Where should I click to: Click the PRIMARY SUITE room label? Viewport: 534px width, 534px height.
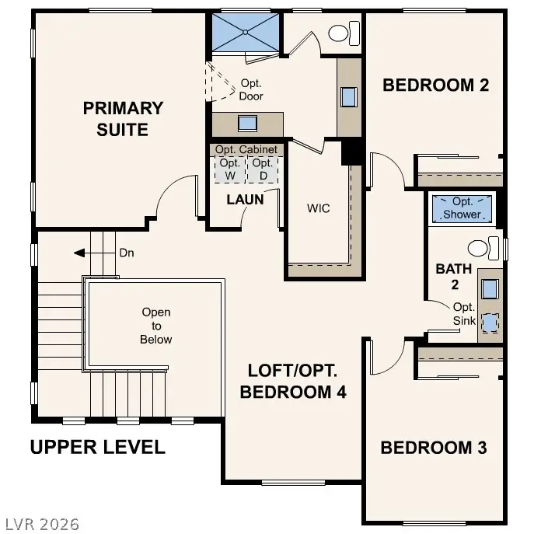123,119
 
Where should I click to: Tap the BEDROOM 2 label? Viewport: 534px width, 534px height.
435,86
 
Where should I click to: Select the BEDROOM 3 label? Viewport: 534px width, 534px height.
434,448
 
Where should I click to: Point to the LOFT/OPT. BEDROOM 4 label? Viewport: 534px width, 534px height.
292,381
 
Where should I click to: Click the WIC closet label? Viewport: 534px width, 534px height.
319,208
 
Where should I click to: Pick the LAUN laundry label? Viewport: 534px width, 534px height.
245,200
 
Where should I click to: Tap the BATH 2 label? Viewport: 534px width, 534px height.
453,276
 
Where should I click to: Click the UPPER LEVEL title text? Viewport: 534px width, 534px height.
97,447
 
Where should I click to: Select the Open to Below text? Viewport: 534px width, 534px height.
155,326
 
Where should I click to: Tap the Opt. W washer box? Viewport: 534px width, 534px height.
229,169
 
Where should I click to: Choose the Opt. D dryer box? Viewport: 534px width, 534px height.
263,169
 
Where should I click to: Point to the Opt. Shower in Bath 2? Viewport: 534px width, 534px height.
462,208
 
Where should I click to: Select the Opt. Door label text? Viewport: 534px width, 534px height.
251,90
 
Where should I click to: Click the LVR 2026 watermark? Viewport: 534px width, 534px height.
40,524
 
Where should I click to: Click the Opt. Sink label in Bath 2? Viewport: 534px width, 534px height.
463,313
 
